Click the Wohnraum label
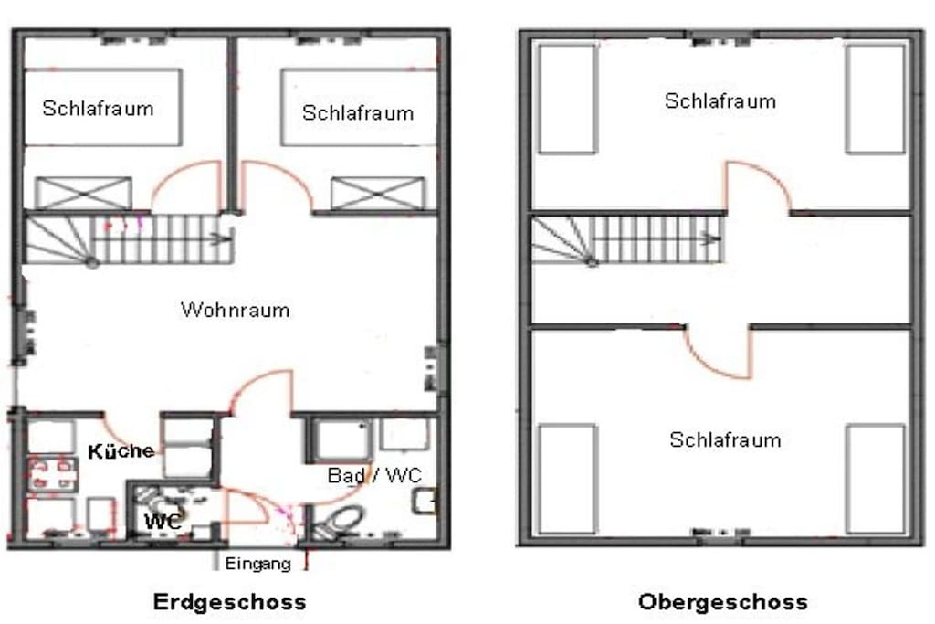pos(235,311)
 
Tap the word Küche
pos(121,451)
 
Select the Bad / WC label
pos(374,475)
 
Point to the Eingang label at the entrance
pos(258,564)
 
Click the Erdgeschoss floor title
pos(229,601)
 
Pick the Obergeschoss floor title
pos(723,601)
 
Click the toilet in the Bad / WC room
pos(340,522)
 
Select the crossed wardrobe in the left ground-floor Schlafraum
pos(83,194)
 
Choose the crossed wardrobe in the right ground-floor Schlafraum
pos(378,194)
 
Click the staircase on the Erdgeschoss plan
pos(128,238)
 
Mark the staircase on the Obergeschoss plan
pos(627,239)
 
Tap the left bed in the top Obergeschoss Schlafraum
pos(568,99)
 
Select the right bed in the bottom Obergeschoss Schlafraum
pos(876,479)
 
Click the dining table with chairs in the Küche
pos(52,474)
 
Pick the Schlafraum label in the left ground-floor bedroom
pos(99,109)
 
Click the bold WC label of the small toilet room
pos(163,522)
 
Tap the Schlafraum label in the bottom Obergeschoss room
pos(725,440)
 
